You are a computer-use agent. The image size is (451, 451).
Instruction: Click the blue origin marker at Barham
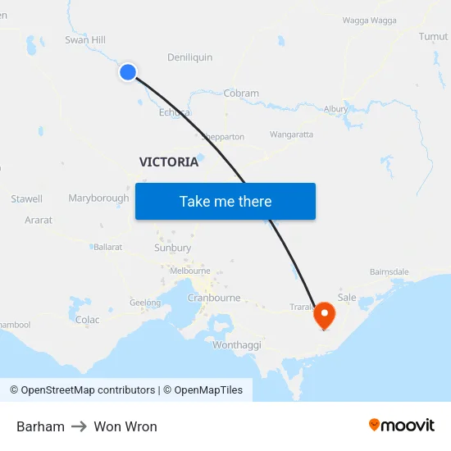click(128, 72)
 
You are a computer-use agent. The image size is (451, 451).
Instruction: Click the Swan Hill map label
click(85, 39)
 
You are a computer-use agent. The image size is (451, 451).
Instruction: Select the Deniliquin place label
click(189, 57)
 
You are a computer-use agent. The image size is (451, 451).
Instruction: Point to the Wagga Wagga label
click(369, 20)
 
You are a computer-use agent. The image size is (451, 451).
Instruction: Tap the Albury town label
click(335, 108)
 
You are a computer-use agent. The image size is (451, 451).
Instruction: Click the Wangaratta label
click(291, 134)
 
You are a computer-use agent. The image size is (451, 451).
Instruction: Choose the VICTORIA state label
click(169, 162)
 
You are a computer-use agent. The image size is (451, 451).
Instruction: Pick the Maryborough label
click(98, 198)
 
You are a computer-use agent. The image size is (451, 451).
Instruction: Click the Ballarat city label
click(107, 247)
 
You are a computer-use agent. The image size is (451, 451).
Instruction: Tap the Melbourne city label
click(190, 271)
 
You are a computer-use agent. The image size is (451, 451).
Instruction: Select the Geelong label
click(145, 303)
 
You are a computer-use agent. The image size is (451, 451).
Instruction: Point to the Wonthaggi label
click(236, 345)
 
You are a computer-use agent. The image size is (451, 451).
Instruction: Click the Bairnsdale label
click(389, 271)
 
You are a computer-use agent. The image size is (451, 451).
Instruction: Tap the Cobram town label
click(241, 93)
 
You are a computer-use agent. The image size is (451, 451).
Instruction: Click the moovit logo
click(402, 426)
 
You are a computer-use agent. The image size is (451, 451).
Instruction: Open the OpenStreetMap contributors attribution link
click(83, 390)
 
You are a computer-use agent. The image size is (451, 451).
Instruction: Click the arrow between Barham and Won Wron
click(80, 426)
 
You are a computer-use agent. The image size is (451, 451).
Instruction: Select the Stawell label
click(26, 199)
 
